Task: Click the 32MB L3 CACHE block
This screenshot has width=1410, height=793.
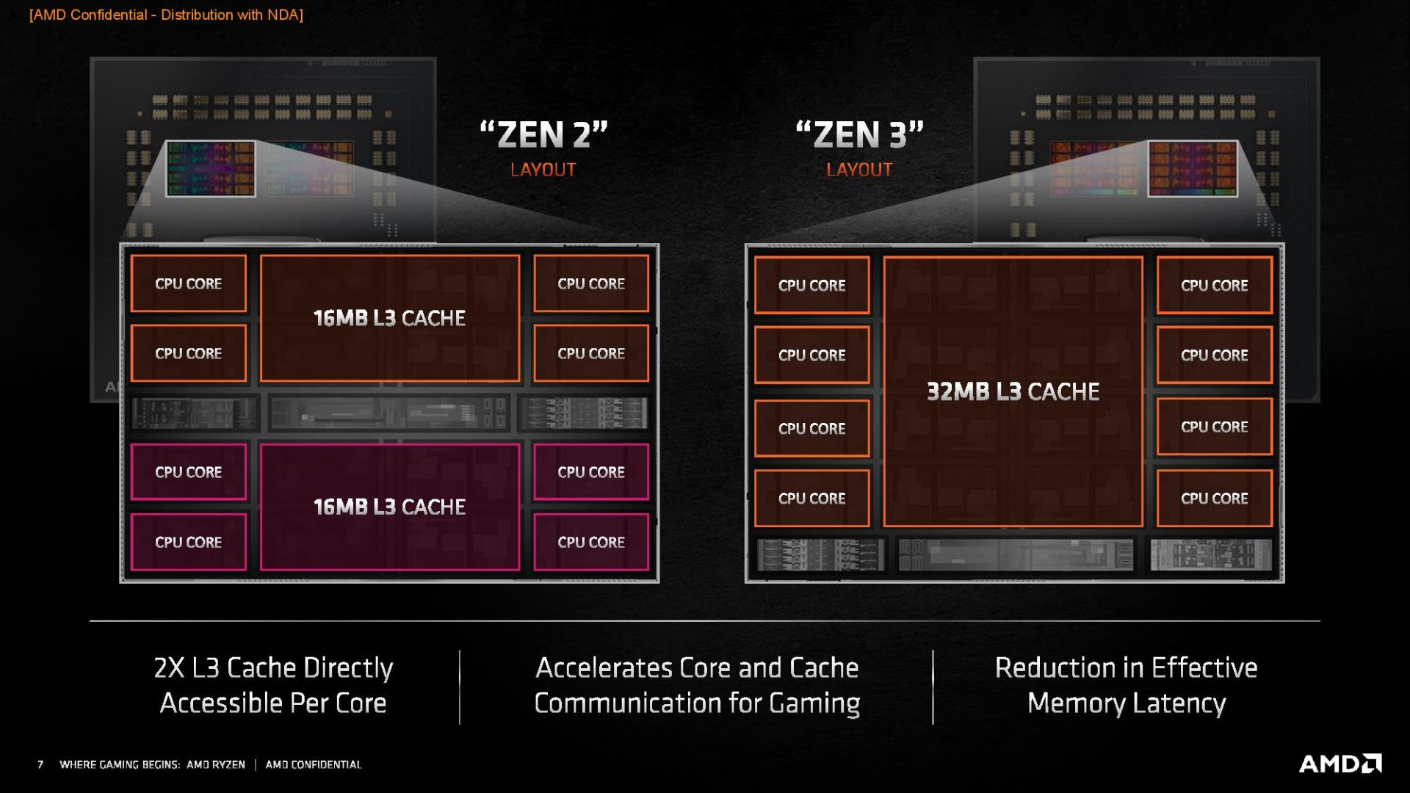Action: pyautogui.click(x=1013, y=391)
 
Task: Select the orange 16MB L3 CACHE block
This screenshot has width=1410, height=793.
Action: pyautogui.click(x=389, y=318)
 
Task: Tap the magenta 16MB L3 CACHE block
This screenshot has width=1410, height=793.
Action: pyautogui.click(x=389, y=507)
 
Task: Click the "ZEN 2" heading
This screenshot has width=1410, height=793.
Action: pyautogui.click(x=543, y=135)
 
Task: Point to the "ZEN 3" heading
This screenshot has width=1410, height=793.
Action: pyautogui.click(x=859, y=135)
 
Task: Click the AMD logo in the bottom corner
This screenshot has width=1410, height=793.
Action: pyautogui.click(x=1340, y=764)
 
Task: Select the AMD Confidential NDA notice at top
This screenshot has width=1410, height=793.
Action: pyautogui.click(x=166, y=15)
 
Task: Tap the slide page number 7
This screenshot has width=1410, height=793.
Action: pyautogui.click(x=40, y=764)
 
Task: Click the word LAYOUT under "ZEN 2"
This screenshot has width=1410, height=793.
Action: pyautogui.click(x=543, y=170)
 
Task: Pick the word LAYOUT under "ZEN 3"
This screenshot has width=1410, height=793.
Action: pyautogui.click(x=859, y=170)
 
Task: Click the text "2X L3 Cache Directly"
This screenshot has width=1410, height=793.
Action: pyautogui.click(x=273, y=667)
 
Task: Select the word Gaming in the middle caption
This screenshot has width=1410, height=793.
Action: pyautogui.click(x=814, y=703)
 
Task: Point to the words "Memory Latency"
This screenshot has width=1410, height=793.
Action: pyautogui.click(x=1127, y=703)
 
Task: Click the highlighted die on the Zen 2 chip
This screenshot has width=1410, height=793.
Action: pyautogui.click(x=211, y=168)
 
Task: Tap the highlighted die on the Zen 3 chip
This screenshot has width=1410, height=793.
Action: pyautogui.click(x=1193, y=168)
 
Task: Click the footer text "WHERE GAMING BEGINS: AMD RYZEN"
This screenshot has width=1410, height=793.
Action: pyautogui.click(x=152, y=764)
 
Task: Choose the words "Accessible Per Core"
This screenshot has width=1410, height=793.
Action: pyautogui.click(x=273, y=703)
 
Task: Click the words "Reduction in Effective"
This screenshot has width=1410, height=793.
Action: pyautogui.click(x=1127, y=667)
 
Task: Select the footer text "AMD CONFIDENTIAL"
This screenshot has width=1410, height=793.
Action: pyautogui.click(x=314, y=764)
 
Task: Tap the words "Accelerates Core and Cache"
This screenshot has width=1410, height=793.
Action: pyautogui.click(x=697, y=667)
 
